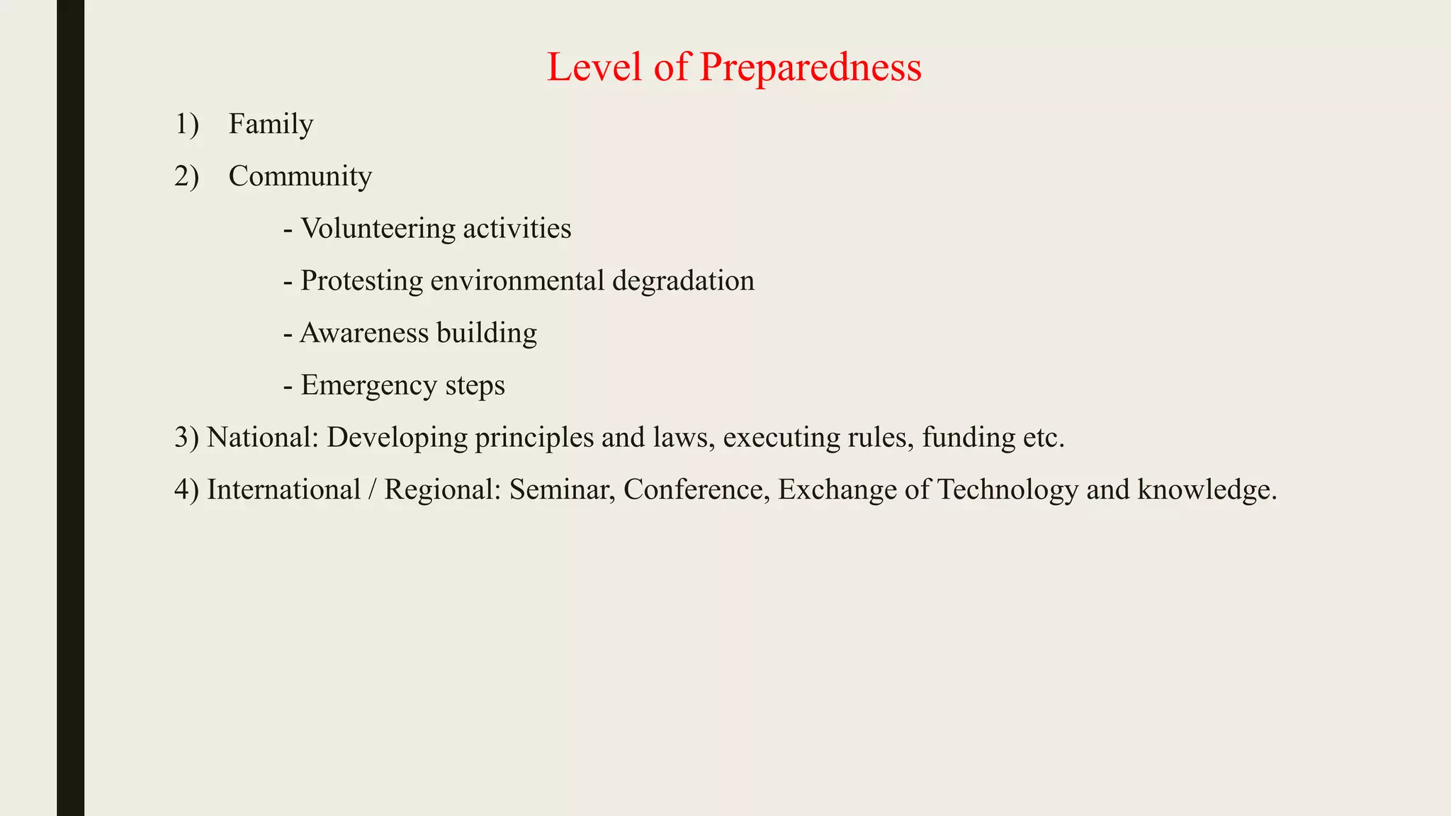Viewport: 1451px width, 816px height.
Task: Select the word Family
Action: click(271, 125)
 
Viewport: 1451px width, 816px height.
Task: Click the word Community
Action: click(300, 176)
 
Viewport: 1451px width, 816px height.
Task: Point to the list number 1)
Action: click(186, 125)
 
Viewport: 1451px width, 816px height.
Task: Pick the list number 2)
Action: click(186, 176)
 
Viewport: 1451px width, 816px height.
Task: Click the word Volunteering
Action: click(378, 229)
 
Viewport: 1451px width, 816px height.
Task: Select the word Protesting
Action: click(361, 280)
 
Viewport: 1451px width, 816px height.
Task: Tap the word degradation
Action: click(683, 280)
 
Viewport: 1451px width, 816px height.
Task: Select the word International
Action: click(283, 490)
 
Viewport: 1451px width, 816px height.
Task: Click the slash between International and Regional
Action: click(372, 490)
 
